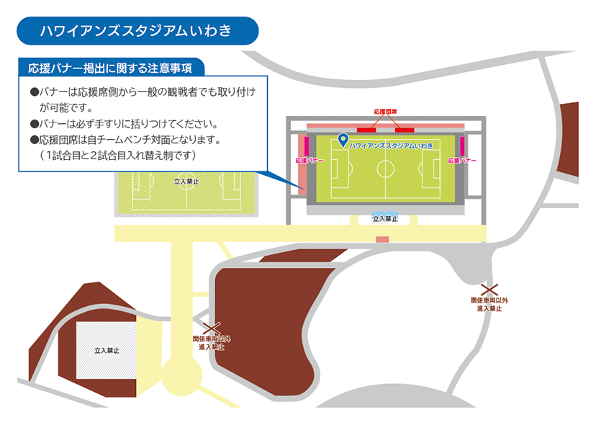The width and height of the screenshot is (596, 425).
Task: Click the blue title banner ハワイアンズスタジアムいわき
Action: [137, 31]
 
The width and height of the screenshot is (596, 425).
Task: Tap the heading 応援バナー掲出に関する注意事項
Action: [110, 68]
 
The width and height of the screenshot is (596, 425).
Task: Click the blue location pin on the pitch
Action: [343, 140]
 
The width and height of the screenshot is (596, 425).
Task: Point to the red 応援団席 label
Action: [385, 112]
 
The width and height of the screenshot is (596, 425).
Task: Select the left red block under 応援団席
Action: [366, 130]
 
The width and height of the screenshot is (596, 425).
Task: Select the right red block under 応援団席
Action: [405, 130]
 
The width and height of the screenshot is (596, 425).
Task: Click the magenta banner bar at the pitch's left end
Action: [307, 146]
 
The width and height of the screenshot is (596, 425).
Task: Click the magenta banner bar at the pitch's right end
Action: [462, 146]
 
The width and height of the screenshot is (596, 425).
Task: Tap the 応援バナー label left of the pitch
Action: [310, 161]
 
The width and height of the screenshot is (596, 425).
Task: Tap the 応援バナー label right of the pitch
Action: [462, 161]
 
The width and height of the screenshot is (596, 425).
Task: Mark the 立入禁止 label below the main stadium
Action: [385, 219]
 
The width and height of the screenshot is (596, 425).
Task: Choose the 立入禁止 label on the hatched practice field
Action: [186, 182]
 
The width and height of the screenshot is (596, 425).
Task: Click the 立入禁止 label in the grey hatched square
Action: [107, 350]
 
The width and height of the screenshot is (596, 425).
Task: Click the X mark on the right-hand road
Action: [489, 290]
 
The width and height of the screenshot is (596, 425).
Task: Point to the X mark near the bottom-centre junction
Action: [212, 328]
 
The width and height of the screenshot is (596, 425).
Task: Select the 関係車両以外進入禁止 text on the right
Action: [489, 305]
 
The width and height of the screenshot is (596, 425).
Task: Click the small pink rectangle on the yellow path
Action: [382, 239]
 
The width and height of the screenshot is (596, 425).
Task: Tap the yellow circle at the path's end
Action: [182, 375]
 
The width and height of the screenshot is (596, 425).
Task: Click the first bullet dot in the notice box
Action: [35, 92]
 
